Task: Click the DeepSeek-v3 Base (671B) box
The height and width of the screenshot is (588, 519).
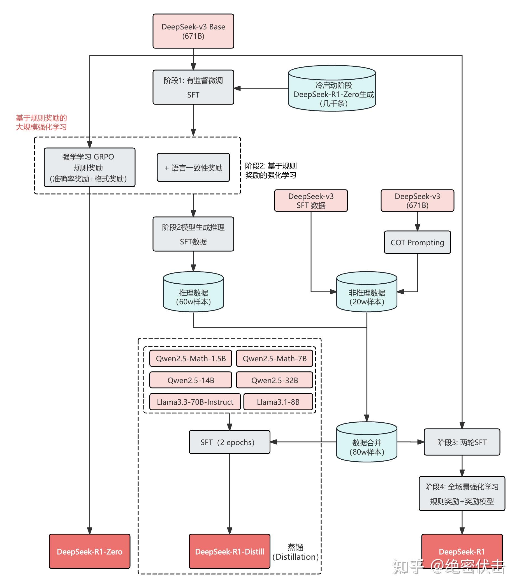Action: coord(193,31)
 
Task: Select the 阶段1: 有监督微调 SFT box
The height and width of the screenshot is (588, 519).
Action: coord(193,87)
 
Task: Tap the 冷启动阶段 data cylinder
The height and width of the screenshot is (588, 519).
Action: coord(332,88)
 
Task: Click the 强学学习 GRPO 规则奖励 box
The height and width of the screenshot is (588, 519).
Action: coord(89,167)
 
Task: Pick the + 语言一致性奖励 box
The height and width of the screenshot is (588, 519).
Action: coord(193,167)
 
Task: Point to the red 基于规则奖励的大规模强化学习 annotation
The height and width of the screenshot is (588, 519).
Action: coord(41,122)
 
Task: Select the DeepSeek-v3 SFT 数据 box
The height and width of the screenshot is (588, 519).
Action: coord(311,200)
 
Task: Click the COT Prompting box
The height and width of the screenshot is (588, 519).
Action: coord(417,242)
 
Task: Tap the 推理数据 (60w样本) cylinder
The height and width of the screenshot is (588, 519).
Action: coord(193,292)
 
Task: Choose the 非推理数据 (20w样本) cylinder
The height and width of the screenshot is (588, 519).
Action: coord(367,292)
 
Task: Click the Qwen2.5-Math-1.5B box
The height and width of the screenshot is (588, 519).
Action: coord(191,358)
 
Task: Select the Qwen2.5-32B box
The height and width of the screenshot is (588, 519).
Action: coord(274,380)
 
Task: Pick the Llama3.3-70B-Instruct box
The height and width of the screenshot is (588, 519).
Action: coord(195,402)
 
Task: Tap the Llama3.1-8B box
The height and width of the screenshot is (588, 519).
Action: coord(278,402)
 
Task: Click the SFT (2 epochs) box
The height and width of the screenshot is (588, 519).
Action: coord(229,442)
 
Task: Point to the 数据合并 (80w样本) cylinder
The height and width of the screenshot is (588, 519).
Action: coord(367,442)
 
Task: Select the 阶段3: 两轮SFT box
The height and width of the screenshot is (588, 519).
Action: coord(462,442)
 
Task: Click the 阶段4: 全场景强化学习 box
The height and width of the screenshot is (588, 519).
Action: coord(462,494)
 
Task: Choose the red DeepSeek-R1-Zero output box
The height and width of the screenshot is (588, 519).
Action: coord(89,552)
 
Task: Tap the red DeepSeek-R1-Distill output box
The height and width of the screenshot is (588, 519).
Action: coord(229,552)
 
